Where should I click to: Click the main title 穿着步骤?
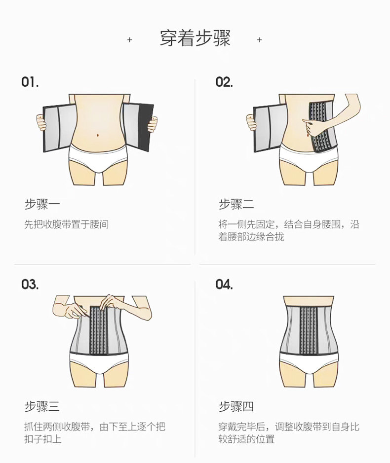pos(195,38)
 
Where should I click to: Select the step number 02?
pos(224,82)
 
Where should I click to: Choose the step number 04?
pos(224,285)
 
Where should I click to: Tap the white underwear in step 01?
pos(98,157)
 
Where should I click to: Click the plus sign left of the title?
pos(130,39)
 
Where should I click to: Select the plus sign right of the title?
pos(260,39)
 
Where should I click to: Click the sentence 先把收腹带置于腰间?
pos(67,225)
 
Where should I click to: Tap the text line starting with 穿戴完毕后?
pos(289,427)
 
